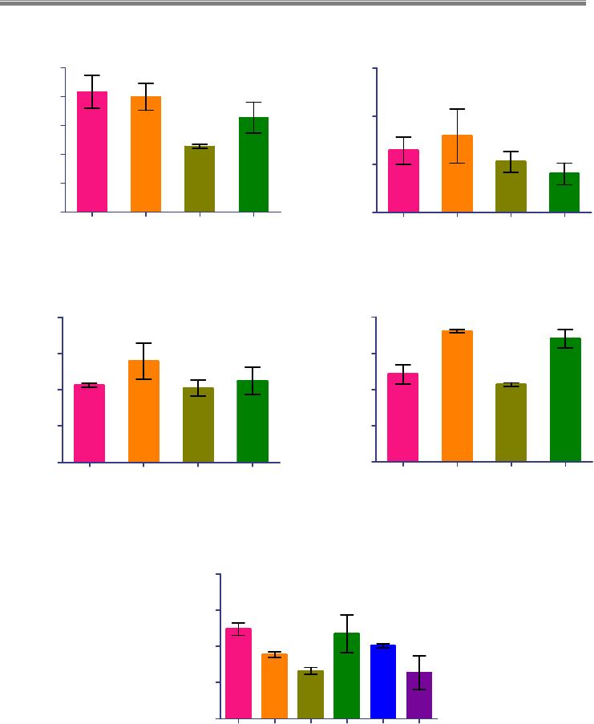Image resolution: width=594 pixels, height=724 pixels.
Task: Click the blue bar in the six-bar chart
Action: click(x=384, y=682)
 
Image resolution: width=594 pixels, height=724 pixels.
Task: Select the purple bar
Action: click(x=420, y=695)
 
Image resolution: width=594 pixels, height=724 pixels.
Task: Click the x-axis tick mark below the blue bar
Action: click(x=384, y=721)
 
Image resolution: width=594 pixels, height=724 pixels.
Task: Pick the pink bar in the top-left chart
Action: click(x=92, y=152)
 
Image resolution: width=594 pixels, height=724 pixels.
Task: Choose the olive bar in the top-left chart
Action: click(x=200, y=179)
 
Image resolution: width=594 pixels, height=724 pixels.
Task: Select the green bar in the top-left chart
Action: click(x=253, y=165)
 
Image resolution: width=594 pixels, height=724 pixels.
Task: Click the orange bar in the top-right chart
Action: click(x=457, y=174)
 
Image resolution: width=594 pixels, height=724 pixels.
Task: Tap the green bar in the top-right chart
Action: click(x=564, y=192)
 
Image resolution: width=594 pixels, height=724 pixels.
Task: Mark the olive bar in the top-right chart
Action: click(x=511, y=187)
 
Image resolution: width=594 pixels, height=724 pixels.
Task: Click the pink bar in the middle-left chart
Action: click(x=89, y=423)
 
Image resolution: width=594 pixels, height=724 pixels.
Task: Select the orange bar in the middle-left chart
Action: click(x=143, y=411)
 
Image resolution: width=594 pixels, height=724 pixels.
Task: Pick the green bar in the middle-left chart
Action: click(x=253, y=422)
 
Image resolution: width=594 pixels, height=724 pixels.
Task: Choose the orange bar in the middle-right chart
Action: click(x=457, y=396)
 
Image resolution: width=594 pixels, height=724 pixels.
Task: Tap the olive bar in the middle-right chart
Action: click(x=511, y=423)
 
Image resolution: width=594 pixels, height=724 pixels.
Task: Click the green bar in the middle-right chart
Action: click(x=565, y=400)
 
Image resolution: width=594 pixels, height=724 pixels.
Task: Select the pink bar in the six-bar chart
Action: click(x=239, y=673)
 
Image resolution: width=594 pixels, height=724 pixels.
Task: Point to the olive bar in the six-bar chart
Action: click(x=311, y=694)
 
